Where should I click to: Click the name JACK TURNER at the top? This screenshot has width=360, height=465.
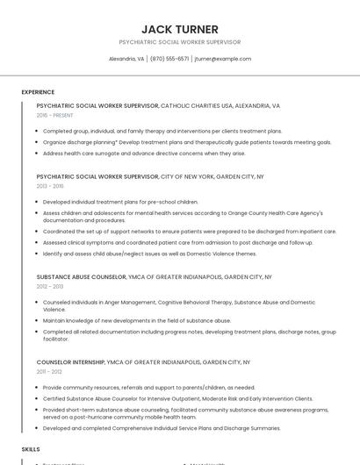tap(179, 29)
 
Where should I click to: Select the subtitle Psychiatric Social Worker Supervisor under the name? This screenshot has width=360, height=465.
tap(179, 42)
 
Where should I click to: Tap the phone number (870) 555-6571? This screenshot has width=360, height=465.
tap(169, 59)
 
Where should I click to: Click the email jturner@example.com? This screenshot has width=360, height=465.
tap(223, 59)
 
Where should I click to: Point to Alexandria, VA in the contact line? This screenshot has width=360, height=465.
tap(126, 59)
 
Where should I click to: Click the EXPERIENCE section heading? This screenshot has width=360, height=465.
tap(38, 92)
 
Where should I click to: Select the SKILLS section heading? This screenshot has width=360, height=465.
tap(31, 448)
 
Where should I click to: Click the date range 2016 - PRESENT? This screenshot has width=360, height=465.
tap(54, 115)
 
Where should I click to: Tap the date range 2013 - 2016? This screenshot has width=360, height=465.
tap(50, 186)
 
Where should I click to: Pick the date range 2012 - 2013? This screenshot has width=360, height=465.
tap(50, 286)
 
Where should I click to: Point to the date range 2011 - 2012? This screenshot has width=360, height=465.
tap(49, 371)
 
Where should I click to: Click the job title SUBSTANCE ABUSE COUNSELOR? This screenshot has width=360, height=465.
tap(82, 277)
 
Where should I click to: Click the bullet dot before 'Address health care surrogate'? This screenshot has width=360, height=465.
tap(38, 153)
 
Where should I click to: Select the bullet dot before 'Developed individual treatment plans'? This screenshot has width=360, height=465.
tap(38, 202)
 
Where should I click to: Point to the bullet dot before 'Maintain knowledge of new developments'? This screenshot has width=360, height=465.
tap(38, 320)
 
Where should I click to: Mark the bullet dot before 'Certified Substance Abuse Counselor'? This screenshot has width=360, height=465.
tap(38, 398)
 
